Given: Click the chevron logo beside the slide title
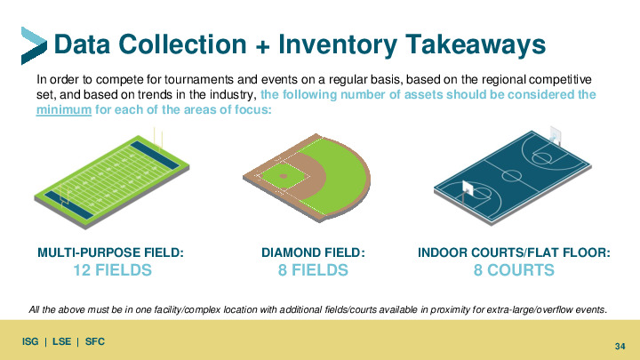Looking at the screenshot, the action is (34, 45).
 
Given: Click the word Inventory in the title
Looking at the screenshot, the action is (338, 44).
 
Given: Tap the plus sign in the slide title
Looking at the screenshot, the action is (263, 46).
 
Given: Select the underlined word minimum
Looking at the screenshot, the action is (64, 110).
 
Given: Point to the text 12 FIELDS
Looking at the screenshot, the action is (112, 270).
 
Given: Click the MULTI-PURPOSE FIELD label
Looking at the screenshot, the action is (110, 252).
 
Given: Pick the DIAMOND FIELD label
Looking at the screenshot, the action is (313, 252).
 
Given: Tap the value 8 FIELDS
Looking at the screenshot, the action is (313, 270).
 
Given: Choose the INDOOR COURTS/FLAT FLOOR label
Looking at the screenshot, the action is (514, 252).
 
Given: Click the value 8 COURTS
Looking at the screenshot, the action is (514, 270).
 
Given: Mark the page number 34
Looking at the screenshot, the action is (620, 346).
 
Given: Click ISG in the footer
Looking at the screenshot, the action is (30, 341).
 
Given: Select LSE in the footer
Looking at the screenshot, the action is (61, 341).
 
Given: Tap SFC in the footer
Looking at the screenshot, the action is (95, 341).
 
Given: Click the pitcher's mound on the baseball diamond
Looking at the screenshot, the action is (284, 176).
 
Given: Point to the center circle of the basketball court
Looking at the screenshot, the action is (511, 176).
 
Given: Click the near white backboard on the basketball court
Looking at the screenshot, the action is (467, 188).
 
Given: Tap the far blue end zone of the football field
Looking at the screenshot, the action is (155, 155).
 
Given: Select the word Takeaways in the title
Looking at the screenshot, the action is (476, 44).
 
